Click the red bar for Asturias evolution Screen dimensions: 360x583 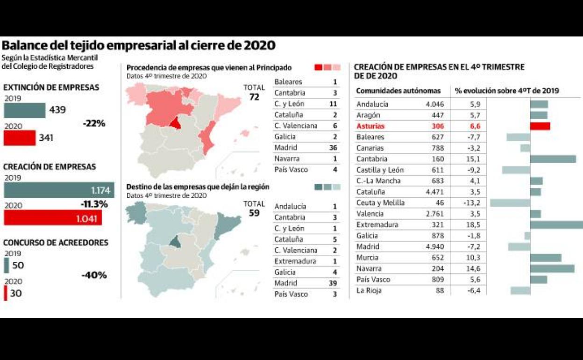(x=540, y=126)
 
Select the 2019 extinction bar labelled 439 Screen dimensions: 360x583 (x=25, y=111)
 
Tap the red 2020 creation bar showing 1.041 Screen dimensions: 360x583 (x=53, y=218)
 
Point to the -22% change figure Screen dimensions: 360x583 (x=93, y=124)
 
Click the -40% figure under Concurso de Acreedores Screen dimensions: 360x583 (x=94, y=275)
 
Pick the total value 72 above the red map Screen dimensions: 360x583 (x=254, y=97)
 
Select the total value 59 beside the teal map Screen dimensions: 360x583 (x=254, y=213)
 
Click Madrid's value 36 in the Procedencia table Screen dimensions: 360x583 (x=333, y=148)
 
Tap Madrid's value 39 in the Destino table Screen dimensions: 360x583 (x=333, y=283)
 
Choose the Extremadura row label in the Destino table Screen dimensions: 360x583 (x=296, y=261)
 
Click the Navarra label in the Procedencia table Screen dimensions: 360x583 (x=287, y=159)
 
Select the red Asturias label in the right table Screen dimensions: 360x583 (x=371, y=126)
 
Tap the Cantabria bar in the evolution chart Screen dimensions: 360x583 (x=553, y=159)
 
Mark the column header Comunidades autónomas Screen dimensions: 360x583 (x=398, y=91)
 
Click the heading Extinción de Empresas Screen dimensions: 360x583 (x=51, y=87)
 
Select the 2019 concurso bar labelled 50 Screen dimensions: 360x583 (x=6, y=265)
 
